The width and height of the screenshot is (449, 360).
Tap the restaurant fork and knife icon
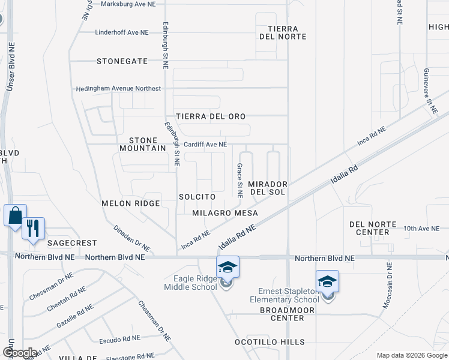[33, 229]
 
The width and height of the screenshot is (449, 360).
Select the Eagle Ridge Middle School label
[190, 283]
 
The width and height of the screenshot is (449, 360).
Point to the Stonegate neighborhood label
[122, 61]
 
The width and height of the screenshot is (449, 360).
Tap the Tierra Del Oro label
[219, 116]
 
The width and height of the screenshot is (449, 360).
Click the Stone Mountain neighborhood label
[142, 144]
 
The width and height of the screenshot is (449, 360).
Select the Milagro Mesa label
[225, 213]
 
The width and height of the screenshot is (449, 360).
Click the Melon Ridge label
[131, 203]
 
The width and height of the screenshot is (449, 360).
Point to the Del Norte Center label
[373, 228]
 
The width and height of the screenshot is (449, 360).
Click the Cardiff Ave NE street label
[205, 145]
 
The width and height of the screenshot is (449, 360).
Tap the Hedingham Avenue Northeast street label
[118, 89]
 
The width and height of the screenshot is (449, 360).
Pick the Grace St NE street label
[240, 181]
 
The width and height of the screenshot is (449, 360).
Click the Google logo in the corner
[20, 353]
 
